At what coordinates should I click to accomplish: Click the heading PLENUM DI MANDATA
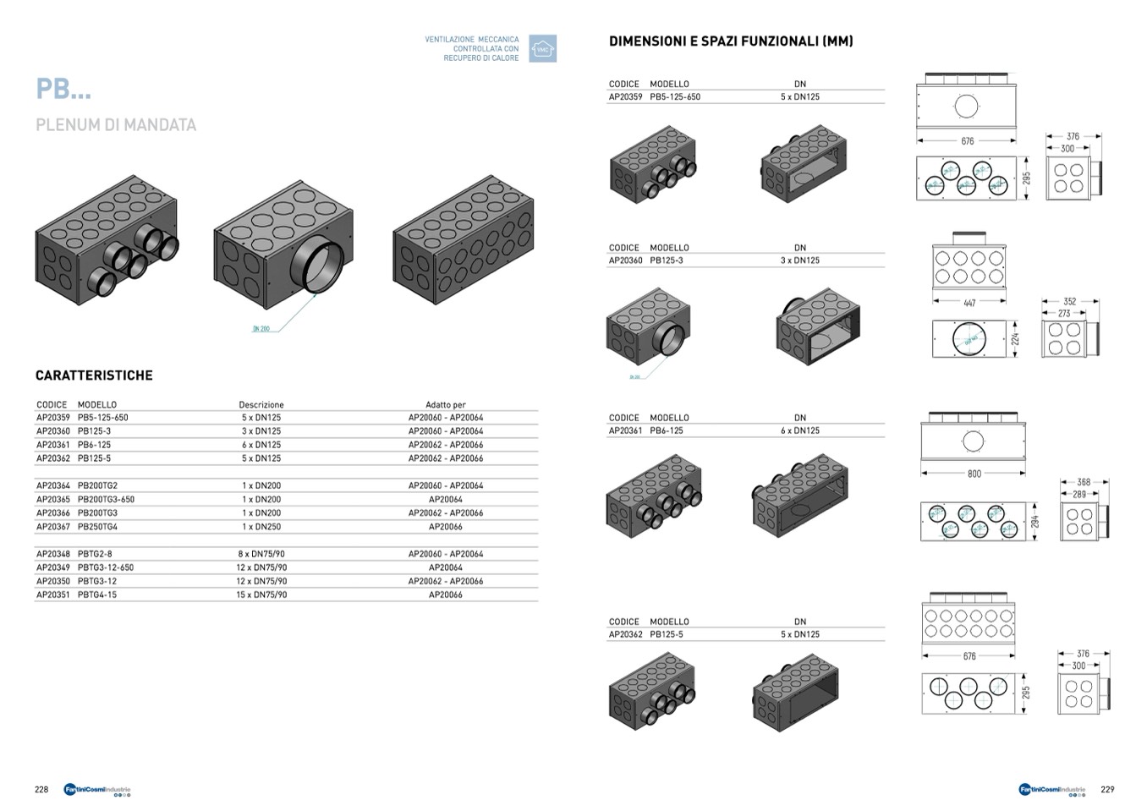116,125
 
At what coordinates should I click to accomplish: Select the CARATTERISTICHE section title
94,375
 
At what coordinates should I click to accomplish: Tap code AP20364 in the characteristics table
53,485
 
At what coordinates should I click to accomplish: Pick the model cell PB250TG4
97,527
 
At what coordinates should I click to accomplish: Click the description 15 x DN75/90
261,595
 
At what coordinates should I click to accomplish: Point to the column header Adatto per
445,405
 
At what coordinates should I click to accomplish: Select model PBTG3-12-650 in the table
106,567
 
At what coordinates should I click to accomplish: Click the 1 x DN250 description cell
261,527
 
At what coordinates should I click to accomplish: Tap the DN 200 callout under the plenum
261,329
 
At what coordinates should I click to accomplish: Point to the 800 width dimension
974,474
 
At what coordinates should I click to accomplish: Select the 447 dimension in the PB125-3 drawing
969,303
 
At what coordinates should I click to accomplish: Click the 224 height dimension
1016,339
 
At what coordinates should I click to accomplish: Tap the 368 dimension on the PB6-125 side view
1084,482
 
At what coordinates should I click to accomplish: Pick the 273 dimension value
1064,313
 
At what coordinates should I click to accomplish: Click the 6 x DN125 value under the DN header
799,430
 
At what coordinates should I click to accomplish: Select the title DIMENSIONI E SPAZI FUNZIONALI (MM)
731,41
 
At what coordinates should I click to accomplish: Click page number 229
1107,790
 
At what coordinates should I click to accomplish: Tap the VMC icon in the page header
542,49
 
